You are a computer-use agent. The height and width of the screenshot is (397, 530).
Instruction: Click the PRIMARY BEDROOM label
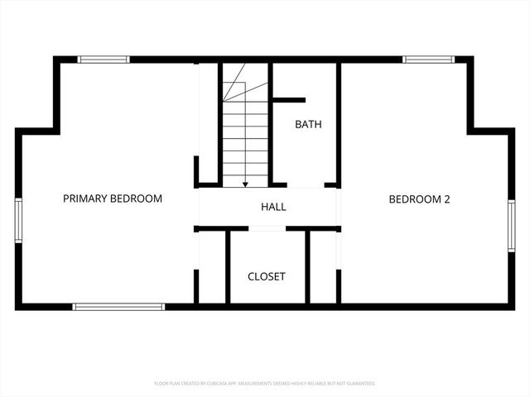click(x=113, y=198)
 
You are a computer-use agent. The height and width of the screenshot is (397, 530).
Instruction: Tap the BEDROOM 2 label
click(x=419, y=198)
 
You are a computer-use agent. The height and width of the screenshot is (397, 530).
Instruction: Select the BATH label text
click(x=309, y=125)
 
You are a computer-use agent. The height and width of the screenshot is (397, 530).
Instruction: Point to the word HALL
click(x=273, y=207)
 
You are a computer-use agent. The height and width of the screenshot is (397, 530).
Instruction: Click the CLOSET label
click(x=267, y=276)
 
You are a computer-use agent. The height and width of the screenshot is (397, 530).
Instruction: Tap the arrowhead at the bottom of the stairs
click(x=245, y=184)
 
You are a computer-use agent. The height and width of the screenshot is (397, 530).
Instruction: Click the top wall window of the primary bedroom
click(x=104, y=60)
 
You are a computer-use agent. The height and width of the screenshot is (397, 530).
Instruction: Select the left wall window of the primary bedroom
click(x=18, y=219)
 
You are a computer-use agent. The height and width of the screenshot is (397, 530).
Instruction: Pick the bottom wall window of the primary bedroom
click(x=118, y=307)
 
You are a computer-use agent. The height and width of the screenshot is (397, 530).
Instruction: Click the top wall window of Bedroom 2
click(x=428, y=60)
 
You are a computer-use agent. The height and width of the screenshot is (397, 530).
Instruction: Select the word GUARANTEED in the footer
click(x=358, y=384)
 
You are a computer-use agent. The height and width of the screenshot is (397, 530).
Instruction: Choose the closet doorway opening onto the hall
click(x=267, y=229)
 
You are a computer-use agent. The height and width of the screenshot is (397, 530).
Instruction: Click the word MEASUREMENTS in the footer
click(x=259, y=384)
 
